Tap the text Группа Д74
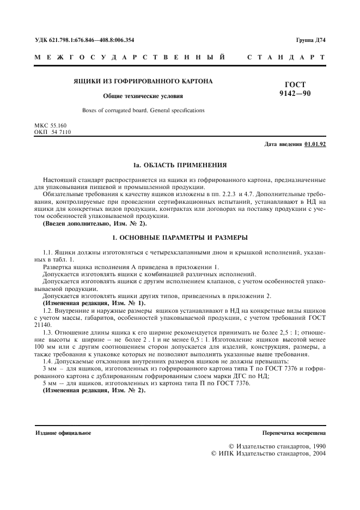tap(310, 40)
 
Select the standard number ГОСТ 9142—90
tap(295, 88)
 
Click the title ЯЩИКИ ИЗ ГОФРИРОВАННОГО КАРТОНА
tap(143, 81)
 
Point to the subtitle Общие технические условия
tap(143, 96)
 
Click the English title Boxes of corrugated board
tap(143, 110)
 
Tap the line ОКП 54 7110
tap(52, 132)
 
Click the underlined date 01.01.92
tap(315, 144)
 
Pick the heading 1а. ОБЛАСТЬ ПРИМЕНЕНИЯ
tap(180, 165)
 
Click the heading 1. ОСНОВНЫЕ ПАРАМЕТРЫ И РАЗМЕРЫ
tap(180, 238)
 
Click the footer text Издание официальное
tap(63, 433)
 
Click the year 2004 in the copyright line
tap(315, 453)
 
